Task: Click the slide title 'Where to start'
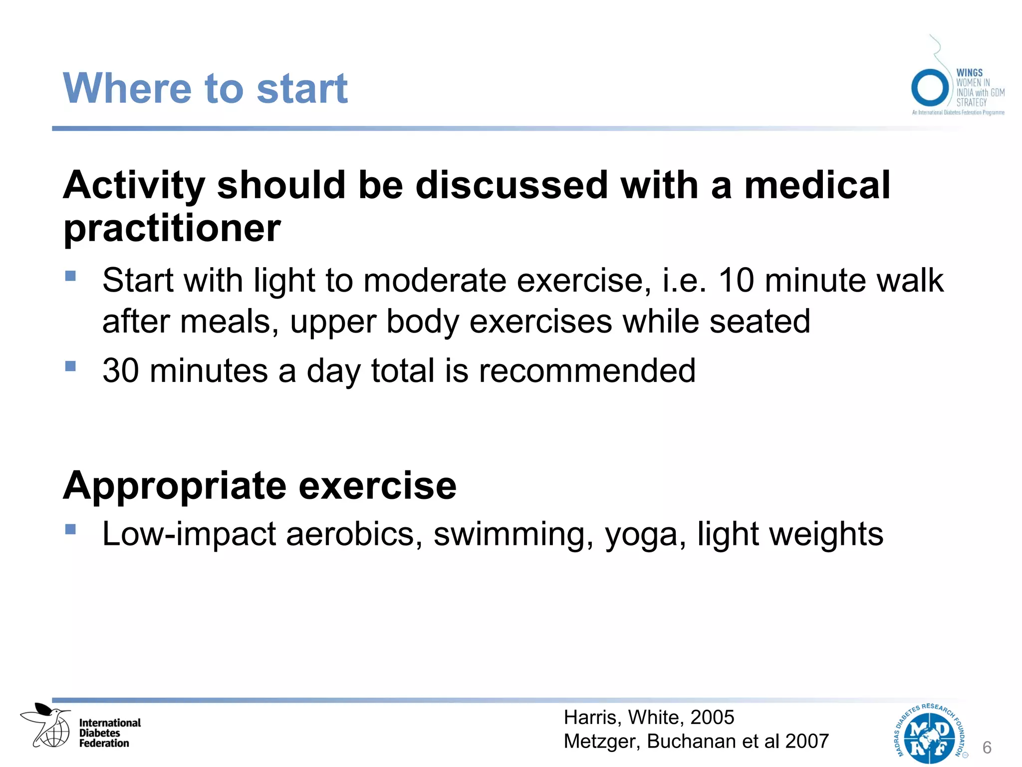click(205, 88)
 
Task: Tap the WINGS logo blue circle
click(929, 87)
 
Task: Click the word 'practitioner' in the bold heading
click(172, 228)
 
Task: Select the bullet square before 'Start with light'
click(70, 276)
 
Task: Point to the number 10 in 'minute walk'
click(736, 280)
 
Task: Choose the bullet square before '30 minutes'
click(70, 366)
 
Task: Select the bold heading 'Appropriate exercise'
click(259, 485)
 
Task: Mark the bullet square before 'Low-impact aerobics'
click(70, 529)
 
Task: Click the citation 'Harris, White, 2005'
click(649, 717)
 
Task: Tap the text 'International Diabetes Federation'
click(110, 733)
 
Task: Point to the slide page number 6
click(987, 748)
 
